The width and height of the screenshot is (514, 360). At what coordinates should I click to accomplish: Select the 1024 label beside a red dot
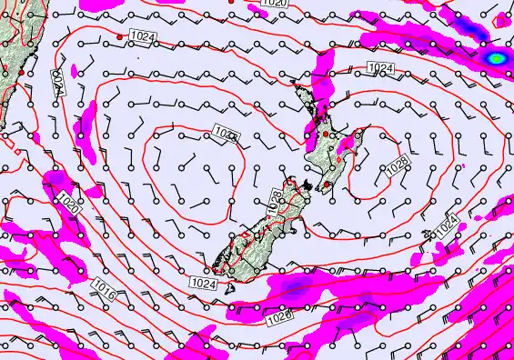pyautogui.click(x=140, y=35)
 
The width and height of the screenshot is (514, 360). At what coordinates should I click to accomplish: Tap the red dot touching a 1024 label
pyautogui.click(x=120, y=37)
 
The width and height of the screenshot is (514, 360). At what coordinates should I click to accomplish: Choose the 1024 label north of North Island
pyautogui.click(x=380, y=69)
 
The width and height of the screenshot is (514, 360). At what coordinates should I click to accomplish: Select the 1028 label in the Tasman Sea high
pyautogui.click(x=227, y=135)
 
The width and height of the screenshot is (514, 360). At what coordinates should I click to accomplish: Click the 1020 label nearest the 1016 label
pyautogui.click(x=68, y=203)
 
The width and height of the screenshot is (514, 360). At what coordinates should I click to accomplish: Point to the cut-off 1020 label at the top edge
pyautogui.click(x=272, y=5)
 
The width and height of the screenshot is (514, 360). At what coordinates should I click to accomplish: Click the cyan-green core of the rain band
pyautogui.click(x=497, y=58)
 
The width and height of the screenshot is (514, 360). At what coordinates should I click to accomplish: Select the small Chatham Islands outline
pyautogui.click(x=427, y=235)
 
